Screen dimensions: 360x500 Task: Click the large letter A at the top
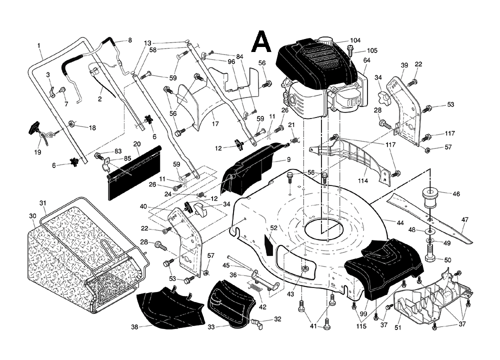(261, 41)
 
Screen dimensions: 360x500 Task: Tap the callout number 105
(372, 50)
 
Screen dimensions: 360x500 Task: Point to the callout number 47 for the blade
(464, 219)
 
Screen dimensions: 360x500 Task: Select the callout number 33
(211, 327)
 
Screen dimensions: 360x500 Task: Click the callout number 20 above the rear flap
(136, 144)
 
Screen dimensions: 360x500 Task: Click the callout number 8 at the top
(130, 40)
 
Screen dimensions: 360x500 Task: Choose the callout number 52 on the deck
(273, 227)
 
